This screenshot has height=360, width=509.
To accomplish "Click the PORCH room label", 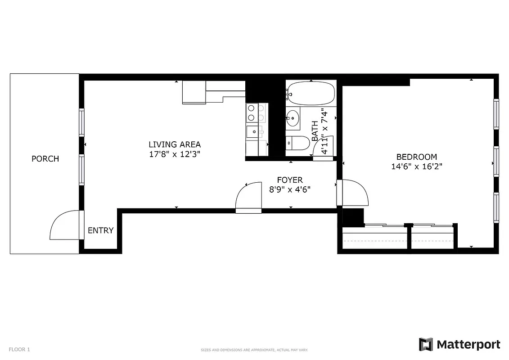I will point(45,159).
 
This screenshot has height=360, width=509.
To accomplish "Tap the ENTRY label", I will point(100,230).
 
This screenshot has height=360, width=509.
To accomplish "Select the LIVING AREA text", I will point(175,144).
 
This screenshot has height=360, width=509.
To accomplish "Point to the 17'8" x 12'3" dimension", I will point(175,154).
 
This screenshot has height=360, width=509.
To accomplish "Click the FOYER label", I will point(289,180).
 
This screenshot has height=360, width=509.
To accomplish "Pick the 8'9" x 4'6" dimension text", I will point(289,189).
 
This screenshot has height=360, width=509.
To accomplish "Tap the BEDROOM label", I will point(416,157).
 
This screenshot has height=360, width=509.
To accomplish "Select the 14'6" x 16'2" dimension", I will point(416,166).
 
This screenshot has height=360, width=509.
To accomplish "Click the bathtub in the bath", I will point(311,93).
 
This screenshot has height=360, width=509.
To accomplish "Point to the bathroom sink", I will point(293,118).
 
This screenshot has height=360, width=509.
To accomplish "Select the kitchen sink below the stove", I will point(253,132).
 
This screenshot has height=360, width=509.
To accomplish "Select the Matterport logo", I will point(459,345).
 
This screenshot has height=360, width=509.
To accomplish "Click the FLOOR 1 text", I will point(19,349).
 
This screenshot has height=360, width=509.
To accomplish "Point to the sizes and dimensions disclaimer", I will point(254,350).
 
